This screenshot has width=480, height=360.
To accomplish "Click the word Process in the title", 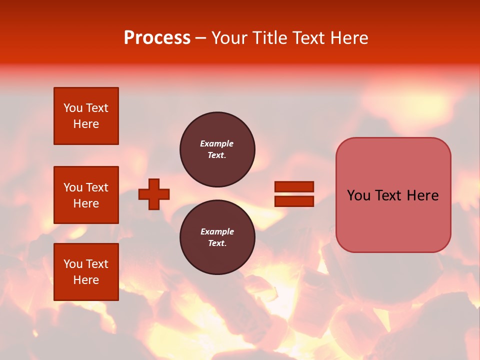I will coord(157,38).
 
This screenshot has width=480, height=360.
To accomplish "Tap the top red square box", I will coord(86,116).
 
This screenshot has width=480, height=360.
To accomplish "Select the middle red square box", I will coord(86,195).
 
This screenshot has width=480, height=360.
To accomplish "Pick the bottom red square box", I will coord(86,272).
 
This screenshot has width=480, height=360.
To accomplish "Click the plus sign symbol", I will coord(154,194).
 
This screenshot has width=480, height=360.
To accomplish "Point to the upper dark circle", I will coord(217,149).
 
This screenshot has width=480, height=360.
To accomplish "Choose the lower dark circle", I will coord(217,237).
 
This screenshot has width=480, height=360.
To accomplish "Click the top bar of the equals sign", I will coord(294,186).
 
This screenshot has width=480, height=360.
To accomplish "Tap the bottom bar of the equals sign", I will coord(294,201).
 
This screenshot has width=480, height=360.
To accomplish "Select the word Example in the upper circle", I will coord(217,143).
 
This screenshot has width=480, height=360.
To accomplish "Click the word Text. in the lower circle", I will coord(217,243).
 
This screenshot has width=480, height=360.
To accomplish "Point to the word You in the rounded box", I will coord(358,195).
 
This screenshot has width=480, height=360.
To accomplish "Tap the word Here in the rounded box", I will coord(422,195).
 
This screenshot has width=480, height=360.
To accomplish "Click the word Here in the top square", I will coord(86,124).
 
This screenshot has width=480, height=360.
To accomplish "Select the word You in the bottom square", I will coord(73,264).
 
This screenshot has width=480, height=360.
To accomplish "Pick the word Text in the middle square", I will coord(97,187).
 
